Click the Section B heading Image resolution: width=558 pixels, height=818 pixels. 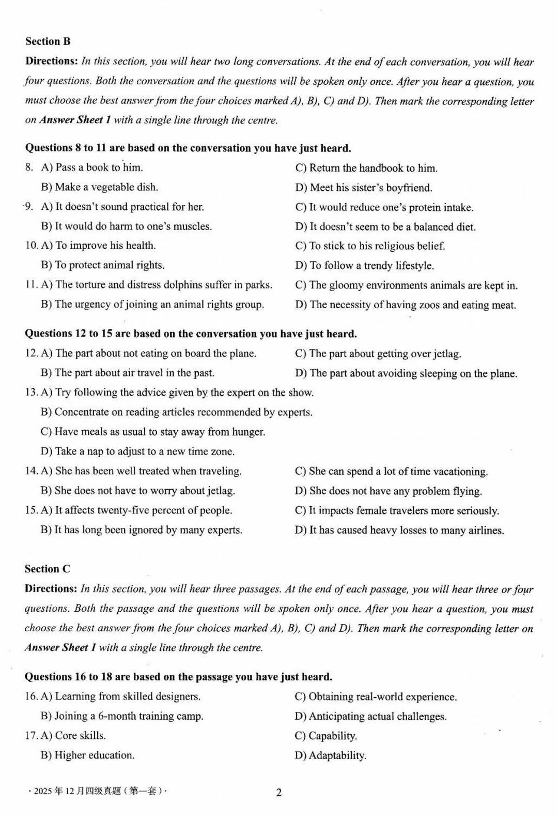pos(48,41)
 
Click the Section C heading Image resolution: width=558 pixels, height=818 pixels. pos(47,569)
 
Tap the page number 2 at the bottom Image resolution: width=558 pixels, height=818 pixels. pos(279,793)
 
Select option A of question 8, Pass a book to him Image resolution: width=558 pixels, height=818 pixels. pos(91,167)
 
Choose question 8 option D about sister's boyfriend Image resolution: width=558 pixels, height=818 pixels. pos(364,187)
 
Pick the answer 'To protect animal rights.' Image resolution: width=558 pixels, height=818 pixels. pos(103,265)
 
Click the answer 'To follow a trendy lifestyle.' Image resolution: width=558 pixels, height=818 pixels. pos(365,266)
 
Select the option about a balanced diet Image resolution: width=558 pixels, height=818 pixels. pos(385,226)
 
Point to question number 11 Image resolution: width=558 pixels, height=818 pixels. pos(31,285)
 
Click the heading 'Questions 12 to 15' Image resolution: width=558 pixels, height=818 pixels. pos(191,334)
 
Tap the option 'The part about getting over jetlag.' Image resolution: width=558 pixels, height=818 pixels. pos(378,354)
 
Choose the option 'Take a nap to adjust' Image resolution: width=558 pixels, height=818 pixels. pos(137,451)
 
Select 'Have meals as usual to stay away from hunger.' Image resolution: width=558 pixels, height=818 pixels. pos(153,432)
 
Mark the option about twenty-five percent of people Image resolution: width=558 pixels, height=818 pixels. pos(136,510)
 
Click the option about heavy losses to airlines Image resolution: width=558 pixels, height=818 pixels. pos(399,530)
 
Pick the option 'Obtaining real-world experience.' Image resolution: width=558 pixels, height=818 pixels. pos(376,696)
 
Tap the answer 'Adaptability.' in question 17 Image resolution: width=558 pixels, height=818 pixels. pos(331,755)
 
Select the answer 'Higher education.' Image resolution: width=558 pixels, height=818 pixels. pos(88,755)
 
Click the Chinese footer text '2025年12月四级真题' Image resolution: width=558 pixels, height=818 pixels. pos(98,791)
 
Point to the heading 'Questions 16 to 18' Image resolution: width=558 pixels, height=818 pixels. pos(178,677)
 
